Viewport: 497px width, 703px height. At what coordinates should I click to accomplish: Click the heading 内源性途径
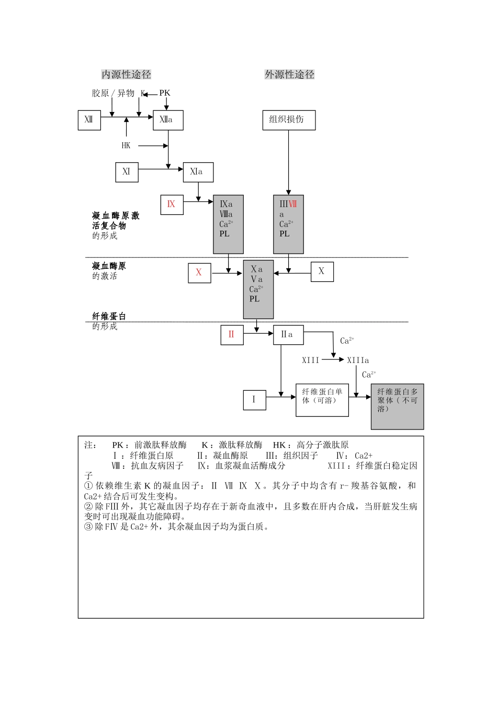point(126,75)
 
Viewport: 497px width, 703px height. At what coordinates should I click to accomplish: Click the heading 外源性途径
point(289,75)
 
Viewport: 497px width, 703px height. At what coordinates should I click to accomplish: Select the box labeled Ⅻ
point(89,120)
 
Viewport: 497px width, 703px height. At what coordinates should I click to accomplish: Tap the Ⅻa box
point(168,120)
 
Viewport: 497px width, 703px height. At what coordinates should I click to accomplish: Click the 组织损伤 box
point(288,120)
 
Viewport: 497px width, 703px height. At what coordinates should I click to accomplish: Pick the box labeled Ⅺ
point(127,172)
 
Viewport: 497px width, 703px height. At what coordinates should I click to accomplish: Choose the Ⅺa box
point(198,172)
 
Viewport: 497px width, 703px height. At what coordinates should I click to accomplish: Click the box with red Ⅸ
point(172,205)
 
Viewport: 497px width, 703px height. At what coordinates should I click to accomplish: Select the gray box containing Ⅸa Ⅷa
point(228,224)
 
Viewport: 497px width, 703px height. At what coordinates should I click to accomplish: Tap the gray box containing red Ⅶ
point(288,224)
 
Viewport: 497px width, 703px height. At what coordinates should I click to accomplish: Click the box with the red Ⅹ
point(199,273)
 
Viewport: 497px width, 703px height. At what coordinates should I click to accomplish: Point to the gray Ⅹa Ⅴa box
point(258,289)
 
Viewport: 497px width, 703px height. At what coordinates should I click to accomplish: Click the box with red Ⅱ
point(232,335)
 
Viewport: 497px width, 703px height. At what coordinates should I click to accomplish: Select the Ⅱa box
point(288,335)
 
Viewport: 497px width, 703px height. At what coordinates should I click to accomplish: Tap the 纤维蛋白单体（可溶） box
point(322,400)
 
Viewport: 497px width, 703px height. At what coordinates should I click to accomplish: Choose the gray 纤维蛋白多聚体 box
point(397,406)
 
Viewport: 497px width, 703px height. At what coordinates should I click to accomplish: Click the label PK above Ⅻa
point(165,93)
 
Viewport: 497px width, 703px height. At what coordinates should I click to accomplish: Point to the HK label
point(126,145)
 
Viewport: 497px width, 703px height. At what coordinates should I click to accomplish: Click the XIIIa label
point(358,360)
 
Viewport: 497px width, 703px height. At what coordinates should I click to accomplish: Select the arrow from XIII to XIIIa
point(333,360)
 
